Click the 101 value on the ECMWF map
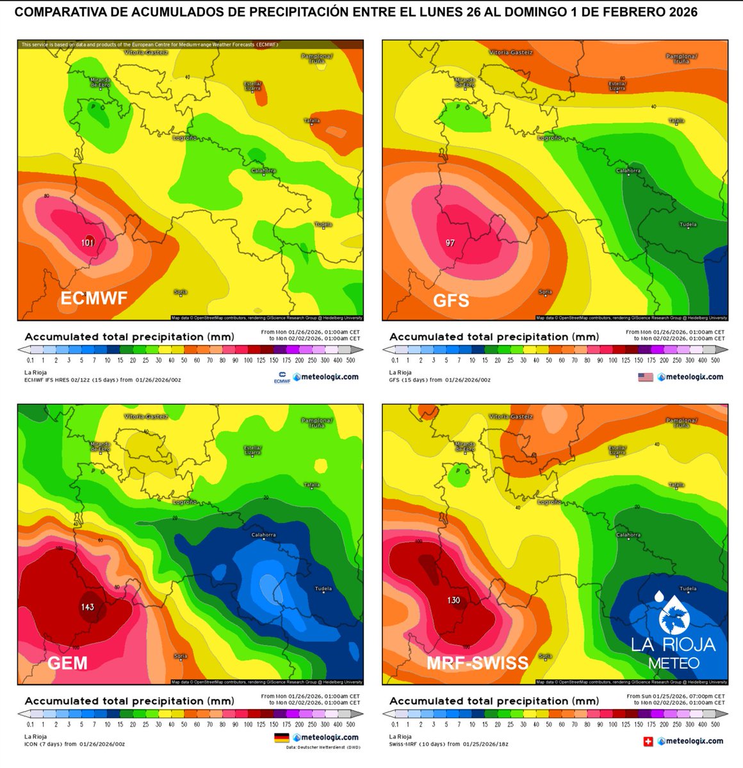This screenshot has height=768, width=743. pos(88,243)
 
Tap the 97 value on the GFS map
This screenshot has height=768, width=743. pos(450,243)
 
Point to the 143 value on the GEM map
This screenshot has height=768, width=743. pos(88,607)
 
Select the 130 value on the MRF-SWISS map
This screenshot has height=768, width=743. pos(453,600)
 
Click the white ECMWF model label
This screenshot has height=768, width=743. pos(94,298)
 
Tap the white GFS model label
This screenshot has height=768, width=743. pos(451,300)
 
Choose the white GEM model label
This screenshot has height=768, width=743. pos(67,662)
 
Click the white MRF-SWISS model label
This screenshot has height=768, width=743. pos(478,662)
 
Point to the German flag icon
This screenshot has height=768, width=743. pos(281,738)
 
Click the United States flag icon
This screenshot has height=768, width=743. pos(645,377)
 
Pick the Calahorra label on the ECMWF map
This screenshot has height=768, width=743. pos(263,171)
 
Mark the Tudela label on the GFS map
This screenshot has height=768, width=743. pos(688,225)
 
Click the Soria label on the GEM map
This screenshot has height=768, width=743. pos(181,656)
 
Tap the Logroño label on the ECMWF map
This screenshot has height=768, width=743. pos(185,138)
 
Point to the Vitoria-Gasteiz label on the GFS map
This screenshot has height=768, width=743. pos(510,52)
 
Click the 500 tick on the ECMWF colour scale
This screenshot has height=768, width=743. pos(350,360)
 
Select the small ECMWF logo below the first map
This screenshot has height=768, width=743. pos(282,378)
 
